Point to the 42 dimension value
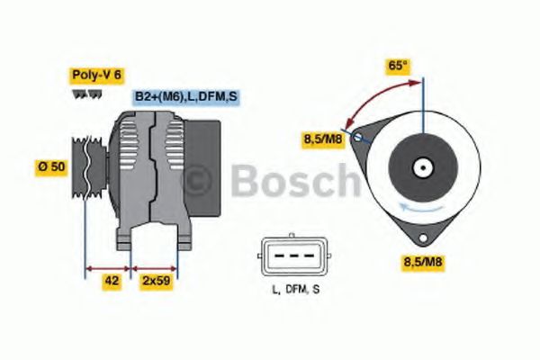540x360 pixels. (x=112, y=281)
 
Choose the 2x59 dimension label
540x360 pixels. (x=157, y=281)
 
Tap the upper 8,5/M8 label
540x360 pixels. (x=321, y=139)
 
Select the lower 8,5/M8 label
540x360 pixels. (x=424, y=262)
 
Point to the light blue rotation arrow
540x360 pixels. (x=423, y=209)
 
